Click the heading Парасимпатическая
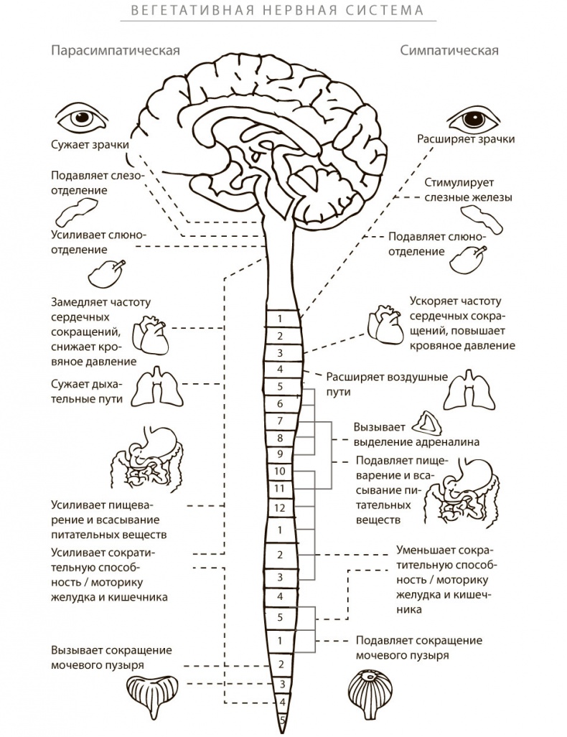click(x=114, y=51)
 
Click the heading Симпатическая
click(x=449, y=51)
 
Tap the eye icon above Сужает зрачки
click(x=80, y=116)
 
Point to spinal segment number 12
click(x=281, y=507)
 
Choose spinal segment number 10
click(x=281, y=471)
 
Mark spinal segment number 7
click(x=281, y=421)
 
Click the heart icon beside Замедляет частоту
click(x=152, y=332)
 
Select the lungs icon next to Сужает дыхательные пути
click(x=156, y=388)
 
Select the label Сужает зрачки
click(x=89, y=144)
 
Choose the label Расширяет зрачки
click(x=466, y=139)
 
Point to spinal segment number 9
click(x=281, y=454)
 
